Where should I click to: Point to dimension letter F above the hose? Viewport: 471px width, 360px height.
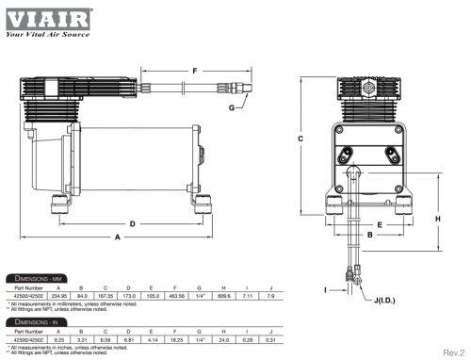(x=195, y=70)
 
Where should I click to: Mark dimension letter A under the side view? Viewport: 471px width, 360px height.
(x=118, y=238)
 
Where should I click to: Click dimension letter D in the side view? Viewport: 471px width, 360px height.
(x=134, y=223)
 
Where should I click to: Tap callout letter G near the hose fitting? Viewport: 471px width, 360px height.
(x=231, y=107)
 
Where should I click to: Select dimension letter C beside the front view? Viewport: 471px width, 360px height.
(x=299, y=138)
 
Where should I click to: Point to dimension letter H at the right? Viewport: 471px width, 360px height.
(x=437, y=217)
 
